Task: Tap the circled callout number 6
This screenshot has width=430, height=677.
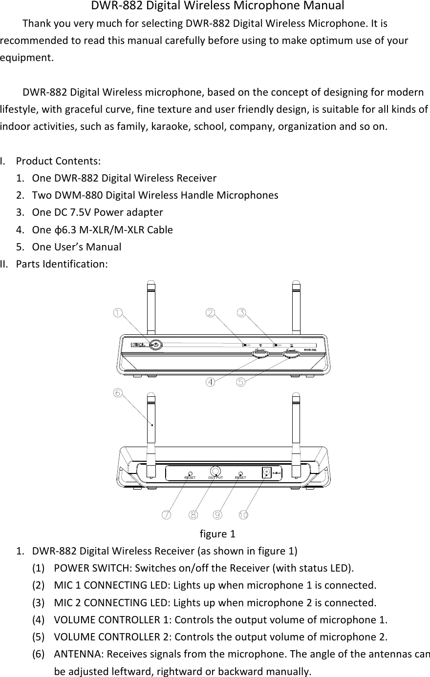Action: point(117,392)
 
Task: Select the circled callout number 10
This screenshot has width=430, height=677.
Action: point(243,514)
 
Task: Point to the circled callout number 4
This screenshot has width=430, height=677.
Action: point(210,382)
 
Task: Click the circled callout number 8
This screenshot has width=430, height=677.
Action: point(193,514)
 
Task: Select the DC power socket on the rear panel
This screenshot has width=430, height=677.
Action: point(267,472)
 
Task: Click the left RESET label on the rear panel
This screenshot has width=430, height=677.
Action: point(190,478)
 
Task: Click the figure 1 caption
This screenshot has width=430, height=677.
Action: point(217,533)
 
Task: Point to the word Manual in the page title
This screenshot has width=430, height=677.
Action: point(323,6)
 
